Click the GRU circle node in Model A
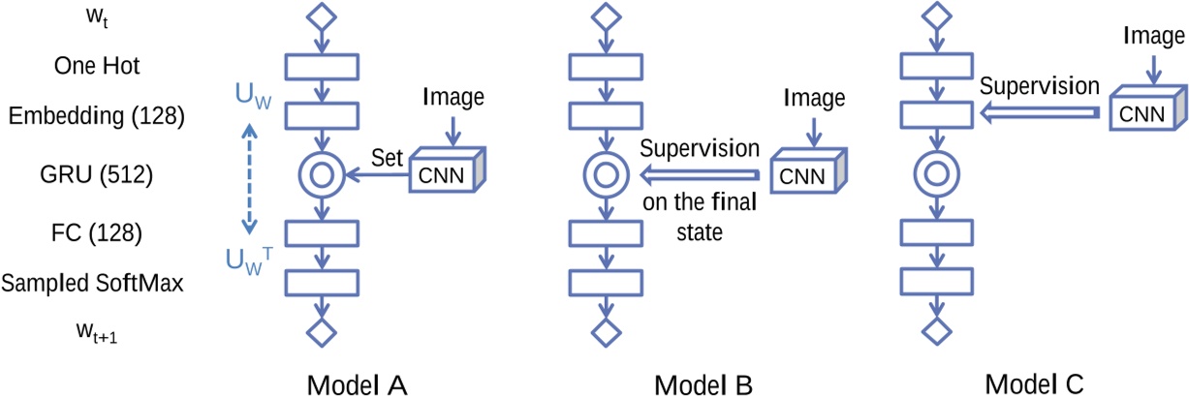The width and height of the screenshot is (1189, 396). point(320,176)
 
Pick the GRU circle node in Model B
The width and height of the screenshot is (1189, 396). point(603,176)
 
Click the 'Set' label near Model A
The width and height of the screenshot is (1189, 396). point(388,157)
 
